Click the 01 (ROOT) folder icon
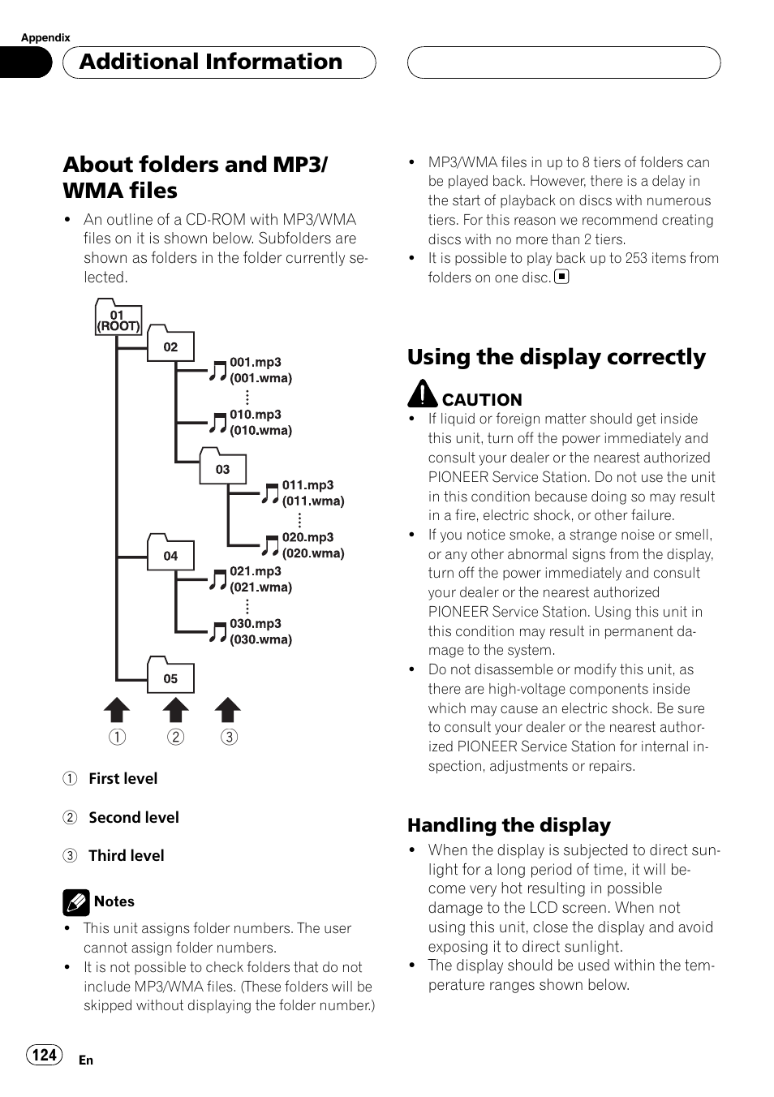point(118,318)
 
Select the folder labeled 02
point(170,344)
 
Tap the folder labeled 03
point(222,467)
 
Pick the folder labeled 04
point(170,553)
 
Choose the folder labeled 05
point(170,676)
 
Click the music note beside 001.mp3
point(217,371)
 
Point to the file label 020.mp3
point(307,537)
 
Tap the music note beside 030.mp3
point(217,632)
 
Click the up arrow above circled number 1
point(117,710)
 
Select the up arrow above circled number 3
point(228,710)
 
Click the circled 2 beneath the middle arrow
point(175,737)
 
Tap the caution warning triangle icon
point(422,394)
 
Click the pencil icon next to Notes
point(76,902)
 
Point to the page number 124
point(45,1054)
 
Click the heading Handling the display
point(509,825)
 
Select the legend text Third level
point(126,855)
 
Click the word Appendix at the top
point(45,37)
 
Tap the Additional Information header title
point(211,62)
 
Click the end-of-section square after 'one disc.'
point(561,277)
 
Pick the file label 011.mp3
point(307,484)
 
